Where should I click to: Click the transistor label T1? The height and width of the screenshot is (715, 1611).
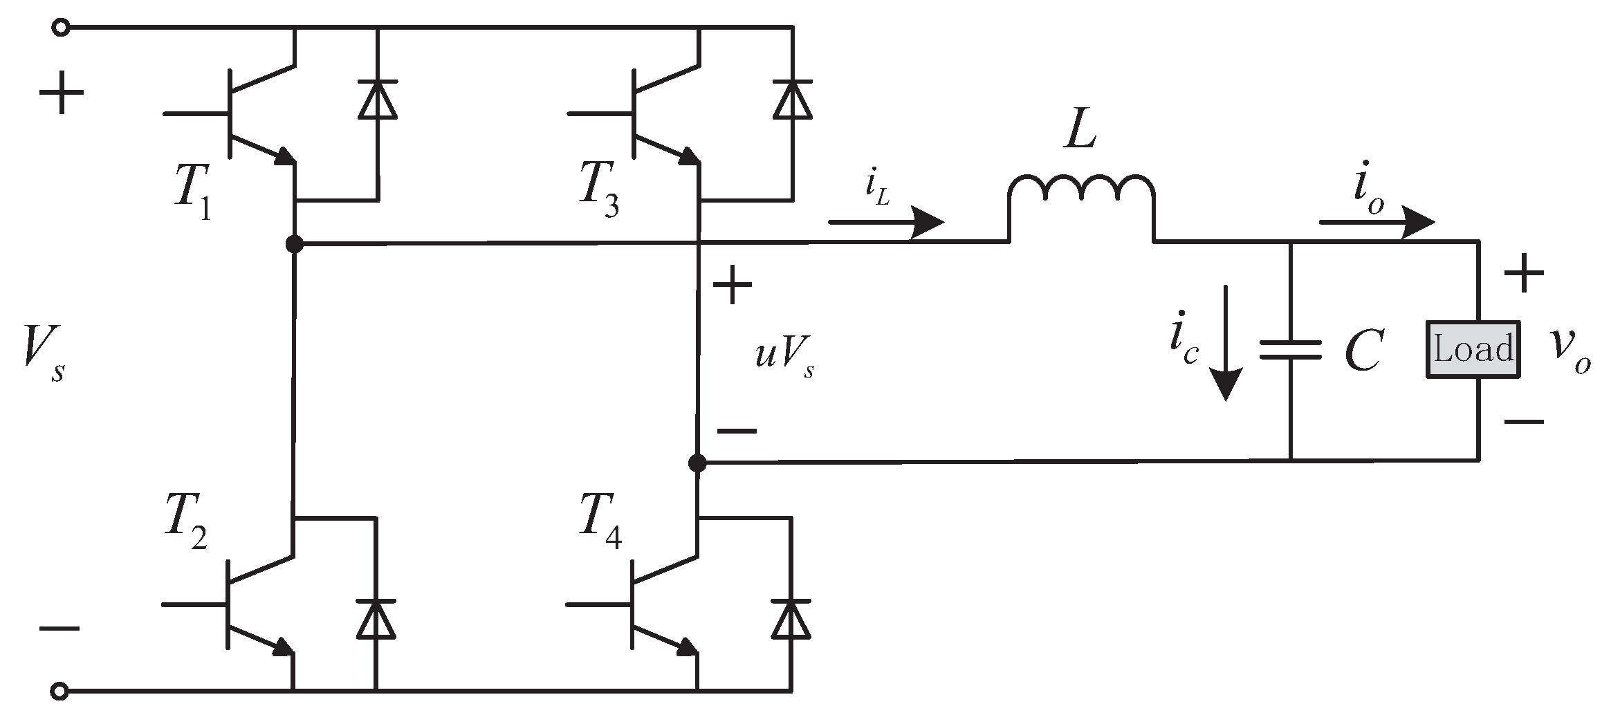[x=192, y=193]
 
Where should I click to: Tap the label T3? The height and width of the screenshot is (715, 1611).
[x=598, y=193]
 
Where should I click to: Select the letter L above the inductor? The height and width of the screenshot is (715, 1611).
[x=1080, y=131]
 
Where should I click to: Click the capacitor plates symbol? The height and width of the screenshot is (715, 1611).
[x=1290, y=350]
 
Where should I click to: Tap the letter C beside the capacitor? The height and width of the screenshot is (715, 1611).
[x=1363, y=351]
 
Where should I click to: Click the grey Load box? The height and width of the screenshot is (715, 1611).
[x=1473, y=349]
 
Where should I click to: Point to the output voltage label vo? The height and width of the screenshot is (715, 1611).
[x=1570, y=349]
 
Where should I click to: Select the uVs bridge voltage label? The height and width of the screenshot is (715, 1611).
[x=784, y=356]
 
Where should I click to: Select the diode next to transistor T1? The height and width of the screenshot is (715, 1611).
[x=377, y=100]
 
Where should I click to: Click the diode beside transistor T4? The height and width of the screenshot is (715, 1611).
[x=792, y=619]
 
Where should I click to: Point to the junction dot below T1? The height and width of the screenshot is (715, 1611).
[x=295, y=243]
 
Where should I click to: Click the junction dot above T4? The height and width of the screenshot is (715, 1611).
[x=698, y=463]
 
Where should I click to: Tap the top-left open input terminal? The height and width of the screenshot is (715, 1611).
[x=61, y=28]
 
